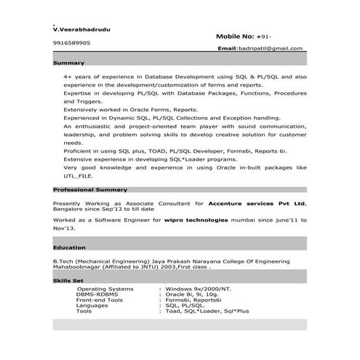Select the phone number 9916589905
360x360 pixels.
click(72, 43)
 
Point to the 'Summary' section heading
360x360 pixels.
click(69, 63)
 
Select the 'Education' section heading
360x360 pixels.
click(70, 247)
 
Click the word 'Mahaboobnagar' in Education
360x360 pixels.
click(79, 266)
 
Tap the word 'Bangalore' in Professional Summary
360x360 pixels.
click(71, 209)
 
